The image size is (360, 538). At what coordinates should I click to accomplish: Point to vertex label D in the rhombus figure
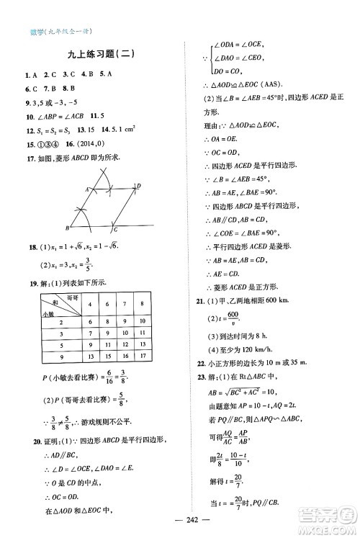tap(138, 186)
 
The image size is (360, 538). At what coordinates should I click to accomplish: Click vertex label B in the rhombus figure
tap(67, 228)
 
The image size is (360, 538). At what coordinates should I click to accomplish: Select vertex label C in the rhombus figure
tap(116, 229)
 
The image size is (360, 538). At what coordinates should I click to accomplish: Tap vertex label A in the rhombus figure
tap(88, 189)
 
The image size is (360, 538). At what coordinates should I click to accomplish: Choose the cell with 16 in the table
tap(125, 357)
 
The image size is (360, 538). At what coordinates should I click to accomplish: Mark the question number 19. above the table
tap(31, 282)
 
